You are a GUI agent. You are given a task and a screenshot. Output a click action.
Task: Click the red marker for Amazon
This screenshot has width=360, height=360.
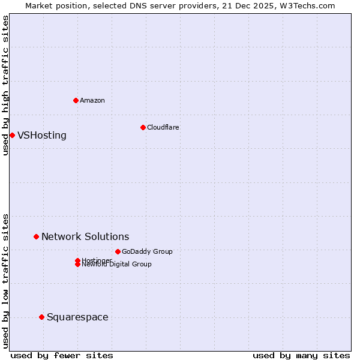point(76,100)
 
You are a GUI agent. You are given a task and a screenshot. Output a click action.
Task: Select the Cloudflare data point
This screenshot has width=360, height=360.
point(143,127)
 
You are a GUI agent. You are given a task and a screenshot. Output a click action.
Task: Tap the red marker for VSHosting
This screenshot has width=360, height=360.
point(12,135)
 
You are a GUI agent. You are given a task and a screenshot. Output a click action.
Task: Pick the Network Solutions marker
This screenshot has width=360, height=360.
point(36,236)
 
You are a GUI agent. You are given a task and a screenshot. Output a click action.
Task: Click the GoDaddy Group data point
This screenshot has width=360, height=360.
point(118,251)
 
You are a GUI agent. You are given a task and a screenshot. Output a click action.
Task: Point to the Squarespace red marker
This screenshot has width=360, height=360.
point(41,317)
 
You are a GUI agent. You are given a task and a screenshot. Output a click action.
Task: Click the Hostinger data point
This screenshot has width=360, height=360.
point(77,260)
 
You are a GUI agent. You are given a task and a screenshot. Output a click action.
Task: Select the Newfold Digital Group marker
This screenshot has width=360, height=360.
point(77,265)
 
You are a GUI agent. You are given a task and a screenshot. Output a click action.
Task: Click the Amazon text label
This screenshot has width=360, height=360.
point(92,100)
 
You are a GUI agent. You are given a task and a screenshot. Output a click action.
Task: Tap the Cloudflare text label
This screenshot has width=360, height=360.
point(163,127)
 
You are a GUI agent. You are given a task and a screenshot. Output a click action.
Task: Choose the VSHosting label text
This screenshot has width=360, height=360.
point(42,135)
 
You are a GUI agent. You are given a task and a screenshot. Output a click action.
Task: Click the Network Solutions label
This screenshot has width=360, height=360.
point(85,236)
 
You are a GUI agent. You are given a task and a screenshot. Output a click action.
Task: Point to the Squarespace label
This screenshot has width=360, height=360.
point(77,317)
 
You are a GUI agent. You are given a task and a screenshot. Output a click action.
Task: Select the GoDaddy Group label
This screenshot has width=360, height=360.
point(147,251)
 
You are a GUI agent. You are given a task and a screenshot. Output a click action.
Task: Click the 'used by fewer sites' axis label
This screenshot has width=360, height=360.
point(62,355)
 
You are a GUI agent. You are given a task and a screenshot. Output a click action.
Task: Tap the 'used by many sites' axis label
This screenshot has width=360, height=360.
point(301,355)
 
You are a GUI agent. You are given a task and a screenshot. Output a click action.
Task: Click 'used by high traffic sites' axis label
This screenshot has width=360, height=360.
point(5,85)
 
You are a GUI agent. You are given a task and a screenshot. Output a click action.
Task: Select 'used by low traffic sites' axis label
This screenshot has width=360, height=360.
point(5,280)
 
